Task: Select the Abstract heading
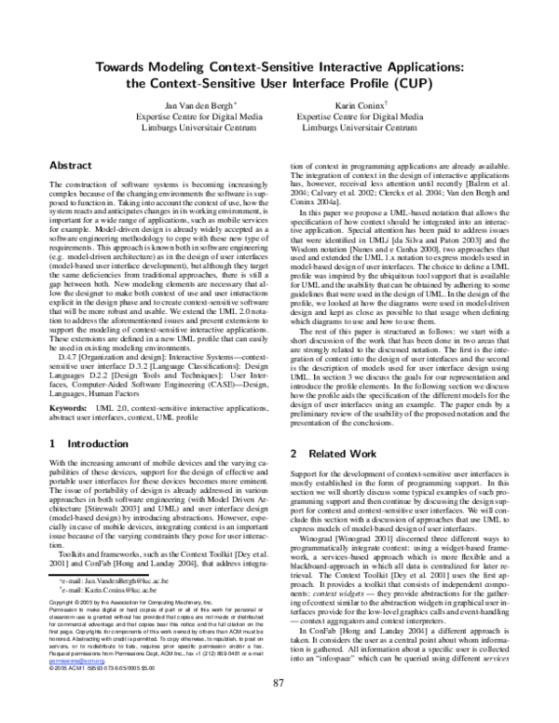coord(70,164)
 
